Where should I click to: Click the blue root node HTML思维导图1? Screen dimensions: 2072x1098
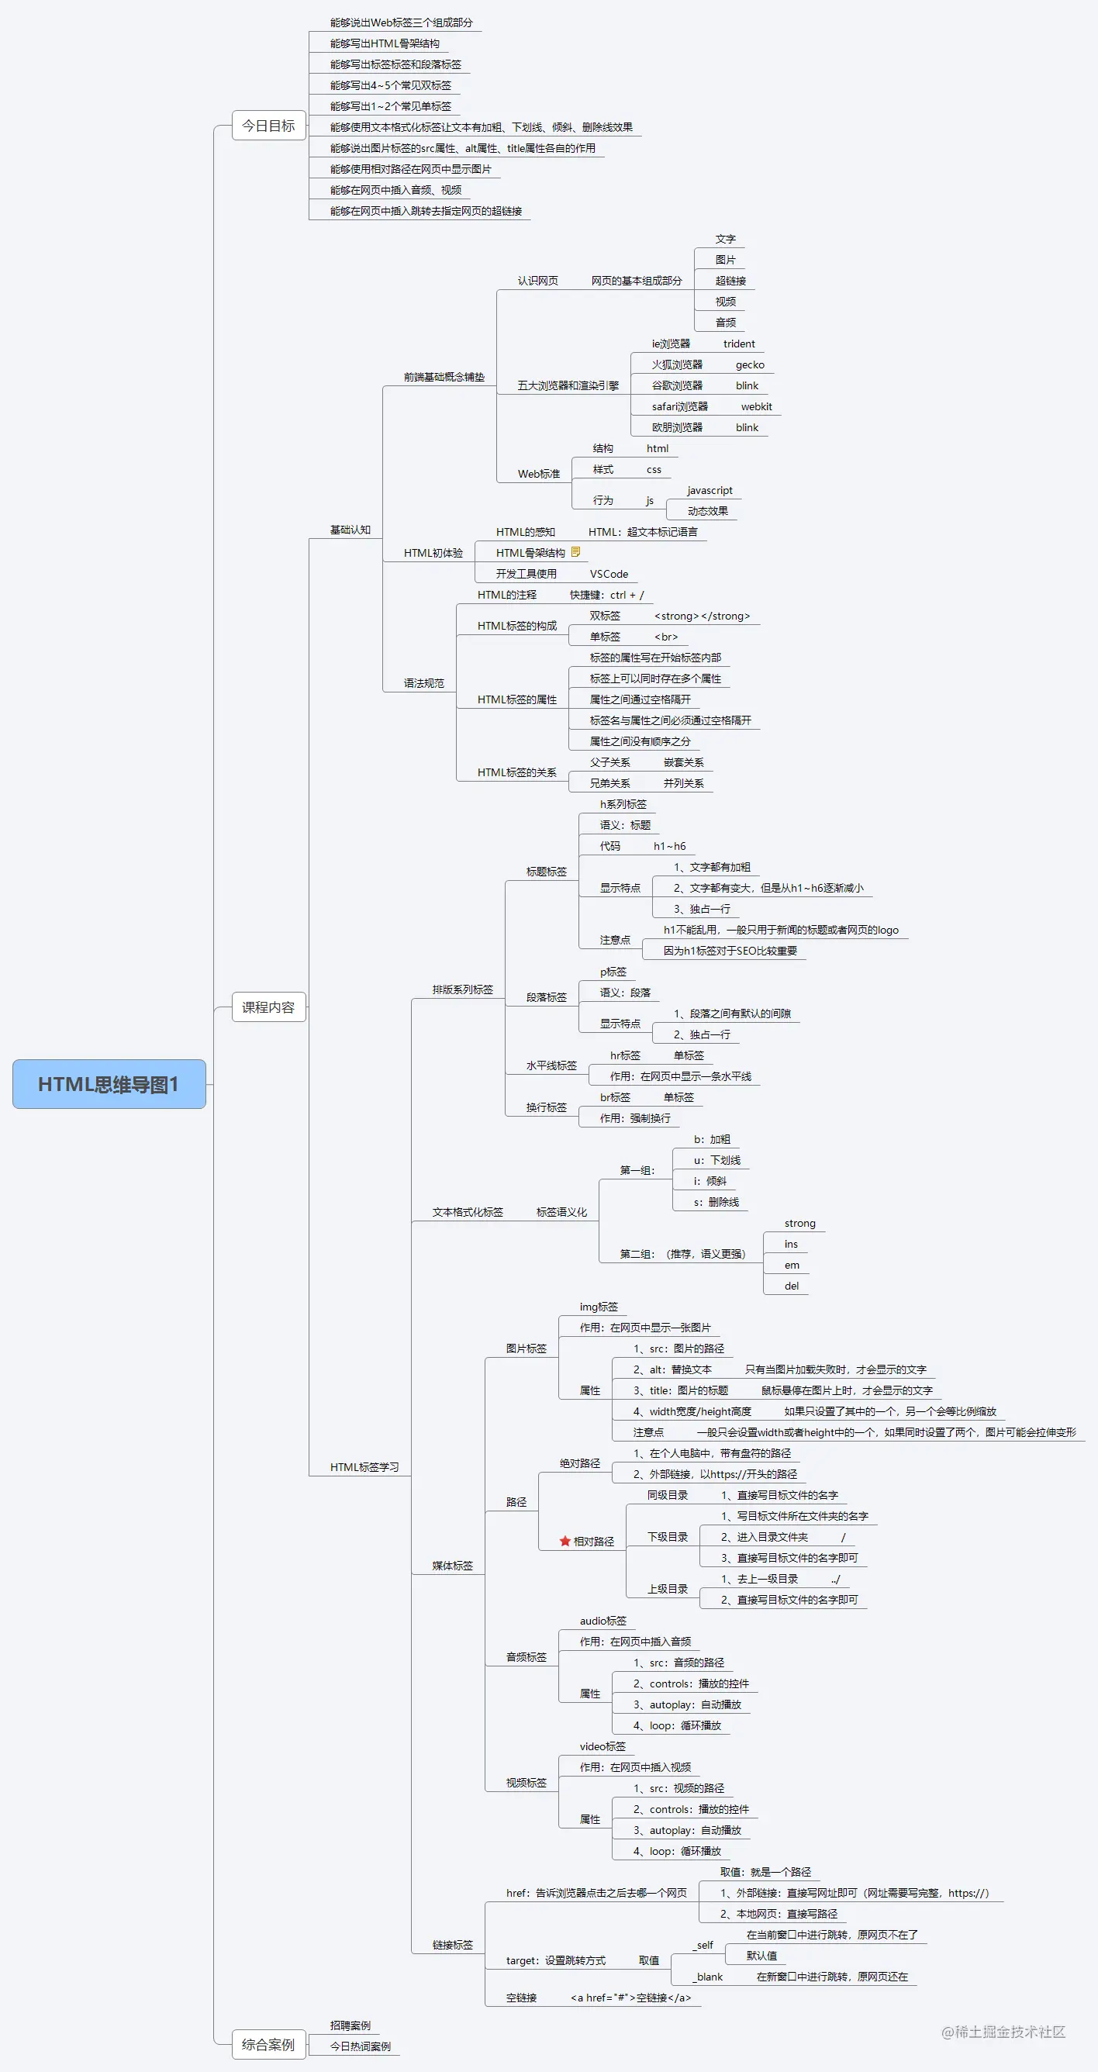(x=109, y=1083)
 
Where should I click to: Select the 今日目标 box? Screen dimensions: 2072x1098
(x=268, y=126)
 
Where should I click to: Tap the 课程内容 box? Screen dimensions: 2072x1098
(x=268, y=1007)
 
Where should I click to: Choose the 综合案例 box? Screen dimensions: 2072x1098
(x=268, y=2044)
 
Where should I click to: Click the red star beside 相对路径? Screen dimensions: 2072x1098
(x=565, y=1541)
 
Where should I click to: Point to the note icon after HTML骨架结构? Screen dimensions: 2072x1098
(x=575, y=552)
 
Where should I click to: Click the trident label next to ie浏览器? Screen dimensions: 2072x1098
(x=738, y=344)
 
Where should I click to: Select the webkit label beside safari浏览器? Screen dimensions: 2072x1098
(x=756, y=406)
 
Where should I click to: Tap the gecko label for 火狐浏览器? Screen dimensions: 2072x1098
(x=750, y=364)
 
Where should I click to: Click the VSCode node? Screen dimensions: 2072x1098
(x=609, y=574)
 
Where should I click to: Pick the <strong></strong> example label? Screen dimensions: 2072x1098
(x=702, y=616)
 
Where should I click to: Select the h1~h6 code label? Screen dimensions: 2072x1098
(x=669, y=845)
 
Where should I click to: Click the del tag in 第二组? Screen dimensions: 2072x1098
(x=792, y=1286)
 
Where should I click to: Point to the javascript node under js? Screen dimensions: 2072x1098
(x=710, y=490)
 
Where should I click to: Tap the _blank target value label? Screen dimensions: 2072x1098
(x=708, y=1977)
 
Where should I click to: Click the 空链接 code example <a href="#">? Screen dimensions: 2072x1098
(x=630, y=1998)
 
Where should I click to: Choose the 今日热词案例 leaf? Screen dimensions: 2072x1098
(x=361, y=2046)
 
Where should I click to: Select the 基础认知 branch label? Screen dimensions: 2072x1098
(x=350, y=530)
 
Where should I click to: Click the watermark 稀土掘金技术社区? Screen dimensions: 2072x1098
(x=1003, y=2032)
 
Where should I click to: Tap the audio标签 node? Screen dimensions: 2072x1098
(x=603, y=1620)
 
